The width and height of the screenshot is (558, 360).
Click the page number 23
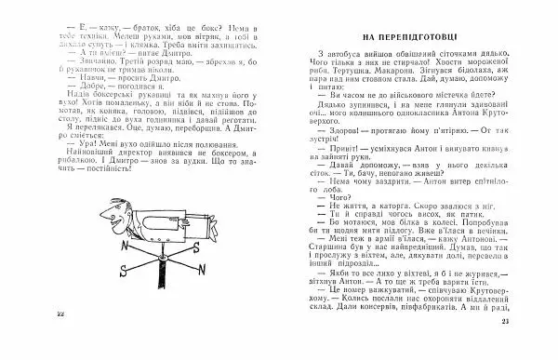click(x=532, y=348)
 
